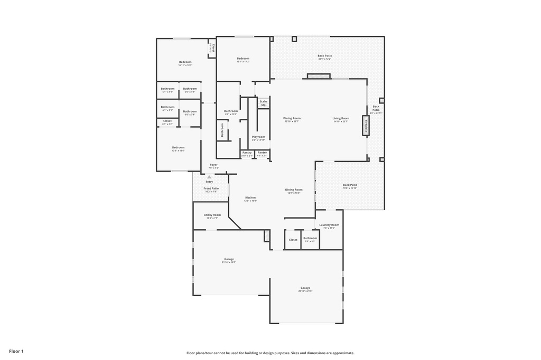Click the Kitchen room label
point(250,198)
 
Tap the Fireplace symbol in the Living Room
point(365,125)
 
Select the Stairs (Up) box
point(263,103)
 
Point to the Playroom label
point(258,138)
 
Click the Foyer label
point(213,166)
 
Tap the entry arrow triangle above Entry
point(209,177)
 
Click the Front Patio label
point(211,190)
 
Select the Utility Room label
point(212,216)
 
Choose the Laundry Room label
point(329,226)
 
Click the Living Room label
point(341,119)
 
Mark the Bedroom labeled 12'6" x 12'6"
point(178,149)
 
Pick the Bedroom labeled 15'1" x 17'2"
point(242,60)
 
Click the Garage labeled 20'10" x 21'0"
point(305,289)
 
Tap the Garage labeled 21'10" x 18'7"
point(229,260)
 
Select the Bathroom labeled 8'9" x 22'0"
point(231,112)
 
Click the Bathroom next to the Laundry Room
point(310,239)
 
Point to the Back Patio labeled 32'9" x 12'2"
point(325,57)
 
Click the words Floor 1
point(16,351)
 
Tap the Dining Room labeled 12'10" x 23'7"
point(292,119)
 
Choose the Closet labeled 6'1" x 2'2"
point(167,122)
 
